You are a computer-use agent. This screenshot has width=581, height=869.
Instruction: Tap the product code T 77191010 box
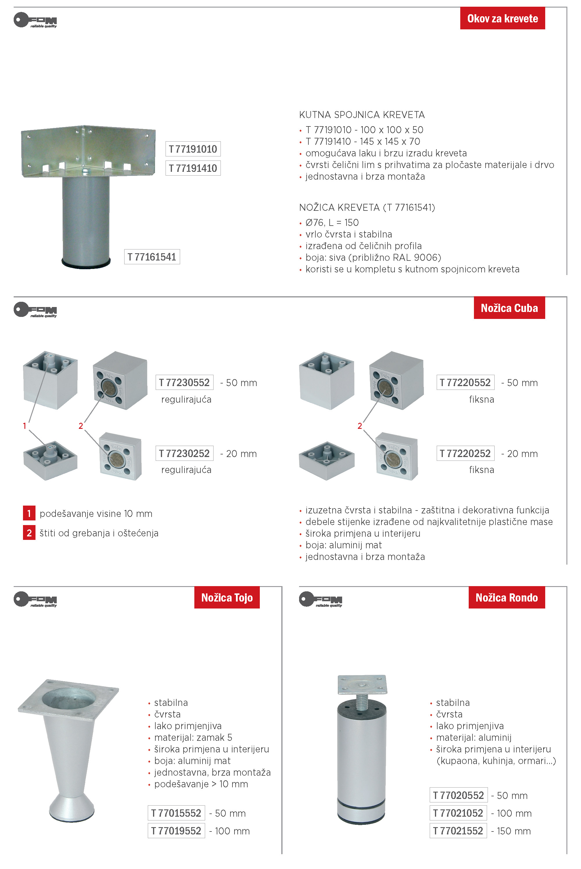[x=193, y=149]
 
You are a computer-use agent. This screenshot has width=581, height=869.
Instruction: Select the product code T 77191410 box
[x=193, y=168]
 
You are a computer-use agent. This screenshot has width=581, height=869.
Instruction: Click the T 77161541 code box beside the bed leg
[x=152, y=257]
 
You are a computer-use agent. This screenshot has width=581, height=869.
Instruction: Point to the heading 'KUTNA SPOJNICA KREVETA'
[x=362, y=115]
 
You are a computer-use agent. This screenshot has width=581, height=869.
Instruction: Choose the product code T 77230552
[x=184, y=383]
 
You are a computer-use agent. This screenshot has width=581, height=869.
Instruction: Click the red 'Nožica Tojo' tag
[x=227, y=597]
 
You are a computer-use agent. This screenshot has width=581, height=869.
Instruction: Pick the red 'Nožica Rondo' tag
[x=507, y=597]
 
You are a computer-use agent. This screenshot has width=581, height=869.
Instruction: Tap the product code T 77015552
[x=176, y=813]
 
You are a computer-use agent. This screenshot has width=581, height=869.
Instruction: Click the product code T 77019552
[x=176, y=831]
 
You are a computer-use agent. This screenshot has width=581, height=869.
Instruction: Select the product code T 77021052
[x=458, y=813]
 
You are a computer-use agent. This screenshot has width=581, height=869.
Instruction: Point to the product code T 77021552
[x=458, y=831]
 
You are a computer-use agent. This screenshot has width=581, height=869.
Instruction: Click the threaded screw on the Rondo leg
[x=362, y=702]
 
